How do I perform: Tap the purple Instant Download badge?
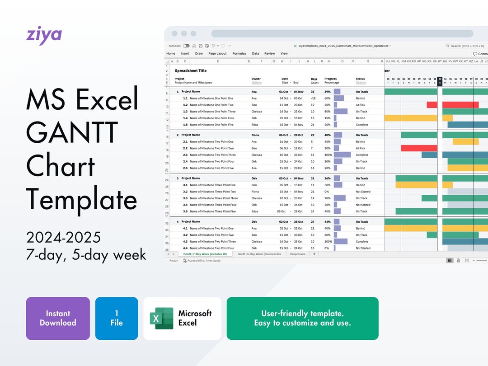pos(58,318)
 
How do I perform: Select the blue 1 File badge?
pos(117,318)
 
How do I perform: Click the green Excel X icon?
pos(161,318)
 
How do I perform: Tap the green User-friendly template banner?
pos(302,318)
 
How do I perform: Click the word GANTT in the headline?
pos(72,132)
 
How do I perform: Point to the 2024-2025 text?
pos(63,237)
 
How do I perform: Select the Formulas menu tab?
pos(239,53)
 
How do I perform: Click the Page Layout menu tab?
pos(217,53)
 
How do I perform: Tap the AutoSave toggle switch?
pos(186,46)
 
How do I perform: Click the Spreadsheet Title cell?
pos(191,71)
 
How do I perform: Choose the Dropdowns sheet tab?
pos(298,254)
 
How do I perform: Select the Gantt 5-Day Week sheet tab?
pos(259,254)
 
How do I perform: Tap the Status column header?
pos(360,79)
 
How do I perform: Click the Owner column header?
pos(256,79)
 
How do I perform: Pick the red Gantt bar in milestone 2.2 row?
pos(419,148)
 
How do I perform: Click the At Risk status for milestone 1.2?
pos(361,105)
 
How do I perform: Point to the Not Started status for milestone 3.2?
pos(363,192)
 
